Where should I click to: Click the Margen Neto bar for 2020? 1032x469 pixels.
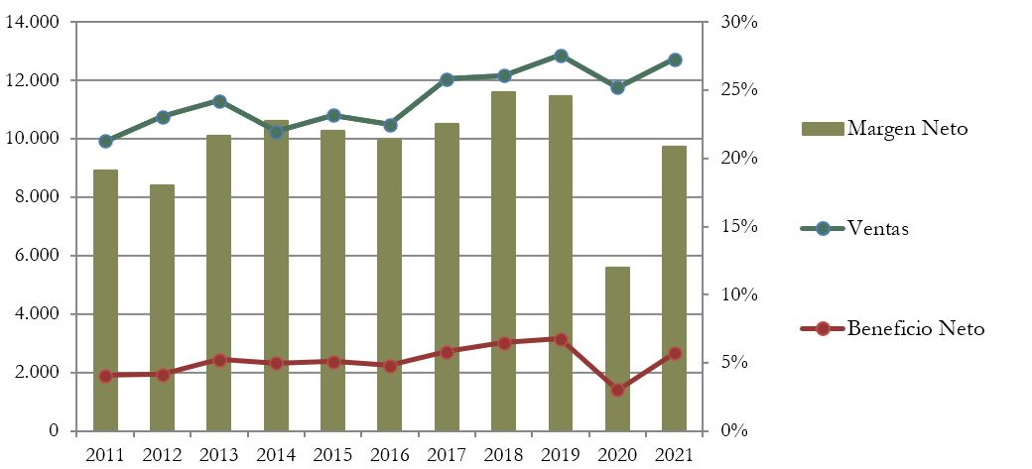pos(617,349)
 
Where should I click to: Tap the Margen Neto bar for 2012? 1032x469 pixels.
pos(163,307)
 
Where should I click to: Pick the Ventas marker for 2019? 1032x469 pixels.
pos(561,56)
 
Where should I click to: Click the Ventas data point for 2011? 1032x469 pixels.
pos(105,141)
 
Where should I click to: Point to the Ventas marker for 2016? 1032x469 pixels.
pos(390,125)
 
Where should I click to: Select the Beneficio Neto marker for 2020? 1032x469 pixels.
pos(617,390)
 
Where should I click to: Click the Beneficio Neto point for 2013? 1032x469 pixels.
pos(219,360)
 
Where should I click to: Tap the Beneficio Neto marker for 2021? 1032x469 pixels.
pos(674,353)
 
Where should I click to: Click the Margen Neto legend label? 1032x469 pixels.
pos(907,128)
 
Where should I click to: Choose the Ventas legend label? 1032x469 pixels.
pos(878,229)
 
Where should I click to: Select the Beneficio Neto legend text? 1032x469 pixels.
pos(915,329)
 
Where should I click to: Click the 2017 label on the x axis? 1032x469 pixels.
pos(447,454)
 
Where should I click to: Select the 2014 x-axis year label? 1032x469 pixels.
pos(276,454)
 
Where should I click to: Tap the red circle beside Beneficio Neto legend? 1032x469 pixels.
pos(823,329)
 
